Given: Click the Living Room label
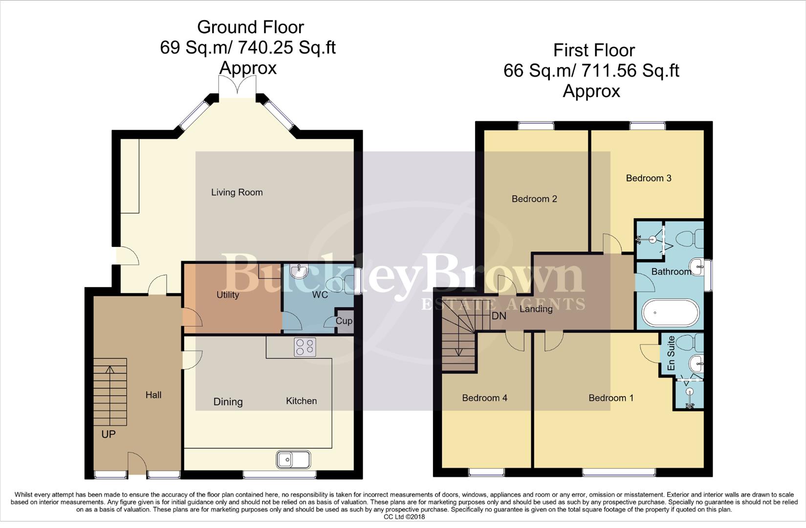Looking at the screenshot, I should tap(237, 193).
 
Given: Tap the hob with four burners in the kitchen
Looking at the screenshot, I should tap(305, 347).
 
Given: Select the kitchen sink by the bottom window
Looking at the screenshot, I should tap(293, 460).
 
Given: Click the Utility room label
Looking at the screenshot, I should tap(228, 295).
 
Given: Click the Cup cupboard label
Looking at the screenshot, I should tap(344, 321).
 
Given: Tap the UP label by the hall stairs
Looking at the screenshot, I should tap(109, 434).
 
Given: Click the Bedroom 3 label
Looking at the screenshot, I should tap(649, 178).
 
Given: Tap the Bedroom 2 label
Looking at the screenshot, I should tap(534, 199).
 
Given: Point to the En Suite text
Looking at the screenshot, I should tap(671, 353).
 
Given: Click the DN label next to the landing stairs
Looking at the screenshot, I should tap(499, 316).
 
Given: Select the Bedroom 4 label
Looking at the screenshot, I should tap(484, 398).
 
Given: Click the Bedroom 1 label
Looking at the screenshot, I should tap(611, 398).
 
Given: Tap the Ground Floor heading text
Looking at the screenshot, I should tap(250, 27).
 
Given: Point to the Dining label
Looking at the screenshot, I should tap(228, 402).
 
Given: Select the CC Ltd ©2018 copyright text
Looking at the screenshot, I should tap(404, 517).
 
